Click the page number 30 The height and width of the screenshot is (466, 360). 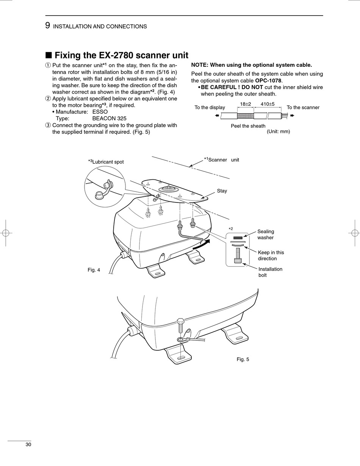click(28, 444)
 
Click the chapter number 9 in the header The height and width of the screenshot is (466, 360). click(47, 26)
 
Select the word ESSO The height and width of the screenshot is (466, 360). click(100, 112)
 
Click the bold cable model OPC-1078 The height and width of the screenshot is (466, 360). click(268, 80)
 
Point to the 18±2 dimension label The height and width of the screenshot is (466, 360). click(245, 104)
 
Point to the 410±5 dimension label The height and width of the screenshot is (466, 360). click(268, 104)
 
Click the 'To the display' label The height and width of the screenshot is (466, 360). click(210, 107)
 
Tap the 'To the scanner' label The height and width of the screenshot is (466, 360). click(303, 107)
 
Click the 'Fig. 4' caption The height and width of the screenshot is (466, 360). click(94, 270)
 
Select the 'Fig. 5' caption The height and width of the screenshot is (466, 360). click(243, 359)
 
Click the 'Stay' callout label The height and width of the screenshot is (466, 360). click(222, 191)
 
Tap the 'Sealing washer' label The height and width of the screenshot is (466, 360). click(266, 234)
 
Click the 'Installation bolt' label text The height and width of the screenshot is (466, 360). click(270, 272)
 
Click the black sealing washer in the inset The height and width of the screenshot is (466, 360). click(238, 238)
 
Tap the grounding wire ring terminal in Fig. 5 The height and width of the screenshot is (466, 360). click(180, 339)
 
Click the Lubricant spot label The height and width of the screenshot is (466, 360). click(106, 162)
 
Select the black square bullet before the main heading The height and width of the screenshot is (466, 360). click(49, 55)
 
